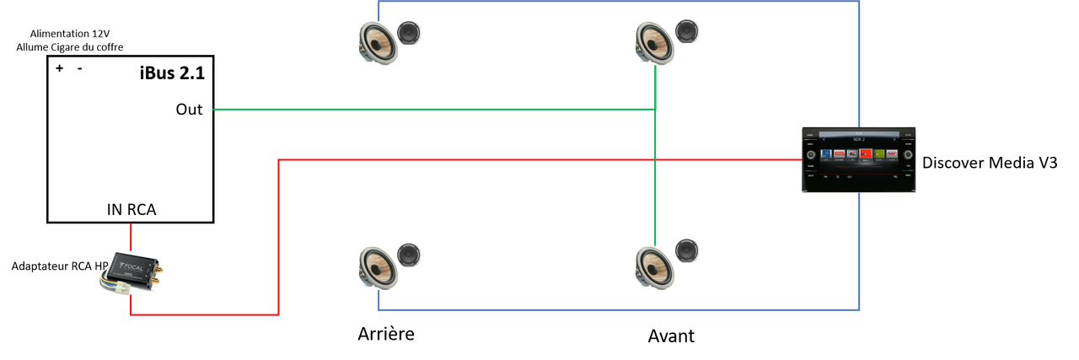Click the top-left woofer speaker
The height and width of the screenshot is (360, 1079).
[x=377, y=42]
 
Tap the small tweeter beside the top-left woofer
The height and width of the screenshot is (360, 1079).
[x=409, y=33]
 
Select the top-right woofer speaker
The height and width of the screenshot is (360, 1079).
[x=654, y=42]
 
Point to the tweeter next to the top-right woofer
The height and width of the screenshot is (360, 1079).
[x=686, y=32]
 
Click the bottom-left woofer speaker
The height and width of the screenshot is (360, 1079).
[x=377, y=266]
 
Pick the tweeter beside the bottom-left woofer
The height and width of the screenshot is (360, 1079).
[x=409, y=255]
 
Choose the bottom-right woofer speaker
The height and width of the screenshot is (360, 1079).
[x=654, y=266]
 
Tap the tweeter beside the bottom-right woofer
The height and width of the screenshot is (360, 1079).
[x=686, y=250]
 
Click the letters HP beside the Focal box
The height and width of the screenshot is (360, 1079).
[x=101, y=266]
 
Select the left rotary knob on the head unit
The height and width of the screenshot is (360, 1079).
[x=810, y=155]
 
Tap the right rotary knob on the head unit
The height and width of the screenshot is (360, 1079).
[x=909, y=155]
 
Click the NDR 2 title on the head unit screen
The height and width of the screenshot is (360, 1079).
[x=859, y=139]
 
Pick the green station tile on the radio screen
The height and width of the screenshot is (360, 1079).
[x=878, y=154]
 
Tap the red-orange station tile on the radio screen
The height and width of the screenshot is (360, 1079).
[x=865, y=154]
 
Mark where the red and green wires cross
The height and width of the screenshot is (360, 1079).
[x=655, y=159]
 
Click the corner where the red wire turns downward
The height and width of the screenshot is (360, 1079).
[x=279, y=159]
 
